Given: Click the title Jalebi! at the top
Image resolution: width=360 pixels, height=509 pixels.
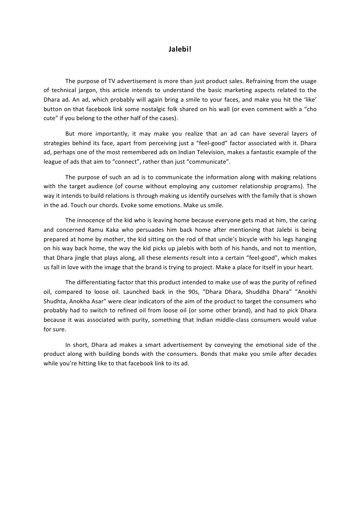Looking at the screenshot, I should click(x=180, y=50).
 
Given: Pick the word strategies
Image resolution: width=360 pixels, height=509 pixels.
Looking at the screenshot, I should click(x=58, y=143).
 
